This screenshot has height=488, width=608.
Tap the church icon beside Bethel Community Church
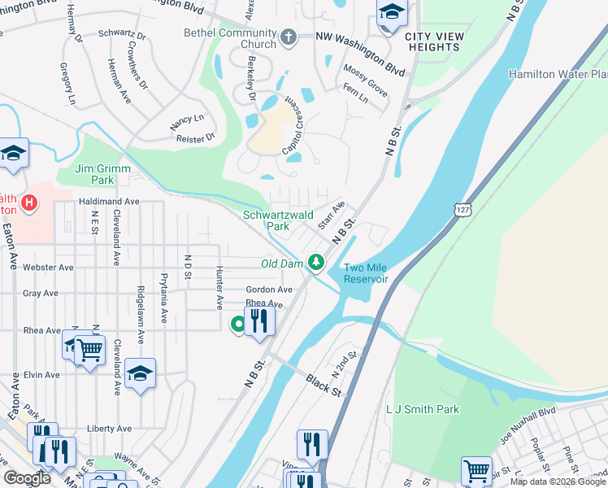[288, 37]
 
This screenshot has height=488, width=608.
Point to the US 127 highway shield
[462, 209]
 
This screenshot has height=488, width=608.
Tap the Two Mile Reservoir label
[366, 273]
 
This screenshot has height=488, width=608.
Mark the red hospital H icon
[29, 202]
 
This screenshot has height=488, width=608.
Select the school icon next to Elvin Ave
[140, 373]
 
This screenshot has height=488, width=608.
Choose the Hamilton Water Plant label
[558, 74]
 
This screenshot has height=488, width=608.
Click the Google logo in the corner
[27, 478]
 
